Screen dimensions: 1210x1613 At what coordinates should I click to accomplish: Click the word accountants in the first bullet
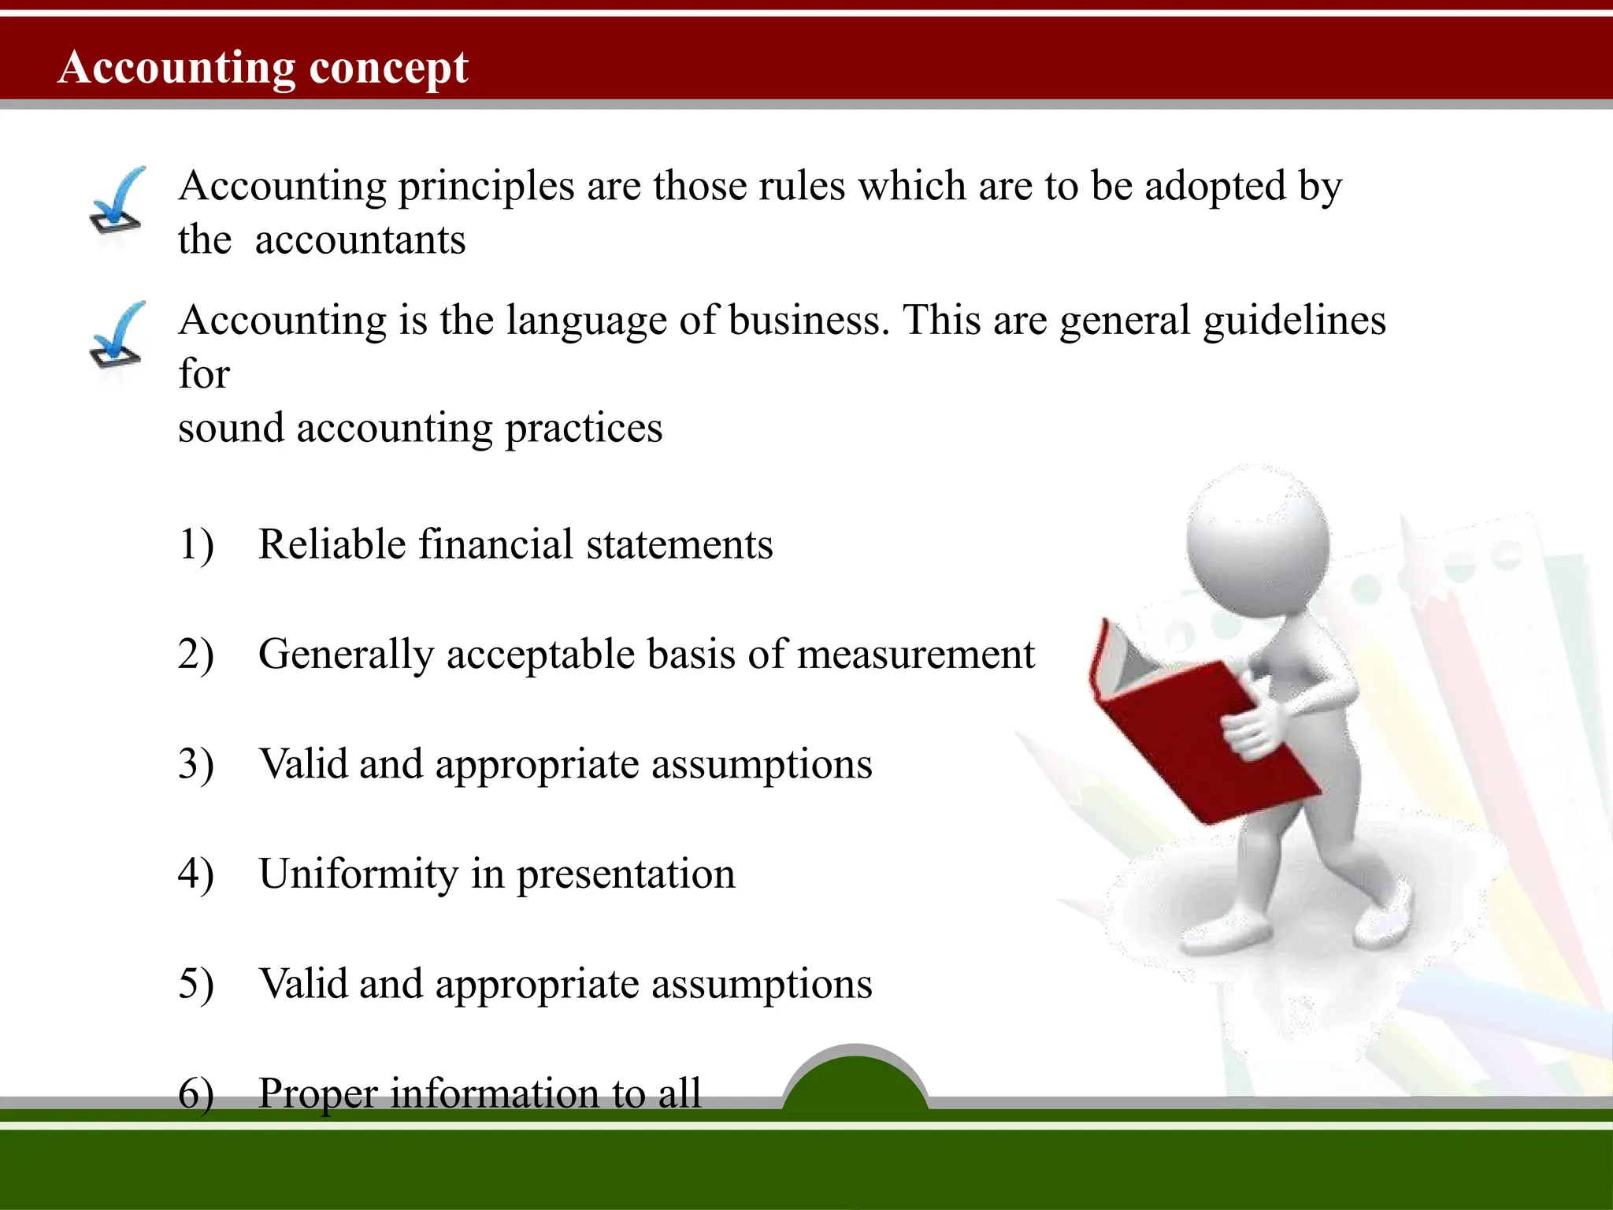pyautogui.click(x=360, y=240)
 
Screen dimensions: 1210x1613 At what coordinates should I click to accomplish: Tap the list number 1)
pyautogui.click(x=196, y=545)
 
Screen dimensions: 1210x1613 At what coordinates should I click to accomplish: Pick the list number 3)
pyautogui.click(x=196, y=764)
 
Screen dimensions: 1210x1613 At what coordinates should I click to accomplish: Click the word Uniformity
pyautogui.click(x=358, y=874)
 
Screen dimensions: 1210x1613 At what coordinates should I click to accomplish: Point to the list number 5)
pyautogui.click(x=196, y=984)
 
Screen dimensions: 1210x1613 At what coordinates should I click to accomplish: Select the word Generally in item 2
pyautogui.click(x=346, y=655)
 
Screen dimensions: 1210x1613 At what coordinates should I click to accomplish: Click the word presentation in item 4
pyautogui.click(x=625, y=875)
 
